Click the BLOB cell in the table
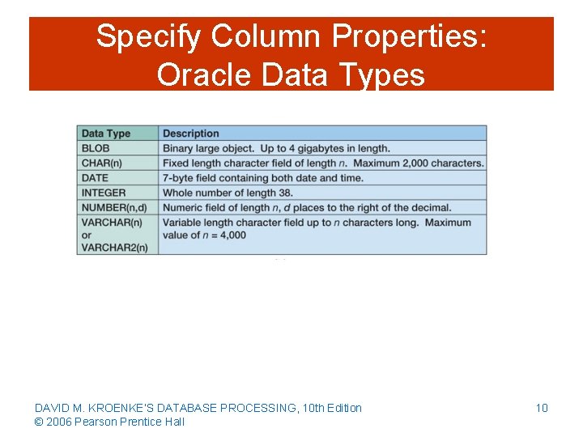click(96, 148)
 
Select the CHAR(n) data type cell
click(100, 163)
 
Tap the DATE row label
click(96, 178)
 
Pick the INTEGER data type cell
click(104, 193)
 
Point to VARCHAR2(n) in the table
click(114, 248)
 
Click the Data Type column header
click(106, 134)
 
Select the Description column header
click(191, 134)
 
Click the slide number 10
click(542, 408)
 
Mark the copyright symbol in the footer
click(38, 422)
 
